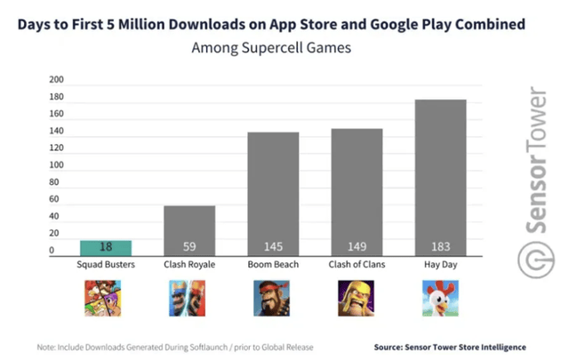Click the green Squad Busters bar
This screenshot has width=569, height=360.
tap(106, 248)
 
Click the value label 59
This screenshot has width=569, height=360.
tap(189, 246)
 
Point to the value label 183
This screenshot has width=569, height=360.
tap(440, 246)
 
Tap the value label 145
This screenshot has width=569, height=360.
tap(273, 246)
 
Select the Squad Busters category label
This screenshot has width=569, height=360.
tap(106, 266)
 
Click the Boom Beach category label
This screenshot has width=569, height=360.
tap(273, 266)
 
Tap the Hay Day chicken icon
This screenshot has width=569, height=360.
tap(439, 299)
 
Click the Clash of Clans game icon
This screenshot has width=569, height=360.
tap(356, 299)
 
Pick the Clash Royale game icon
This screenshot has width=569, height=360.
tap(188, 299)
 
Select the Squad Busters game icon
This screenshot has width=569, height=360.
tap(105, 299)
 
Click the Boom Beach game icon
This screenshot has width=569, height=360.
tap(272, 299)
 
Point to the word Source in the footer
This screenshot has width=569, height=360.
tap(391, 346)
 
